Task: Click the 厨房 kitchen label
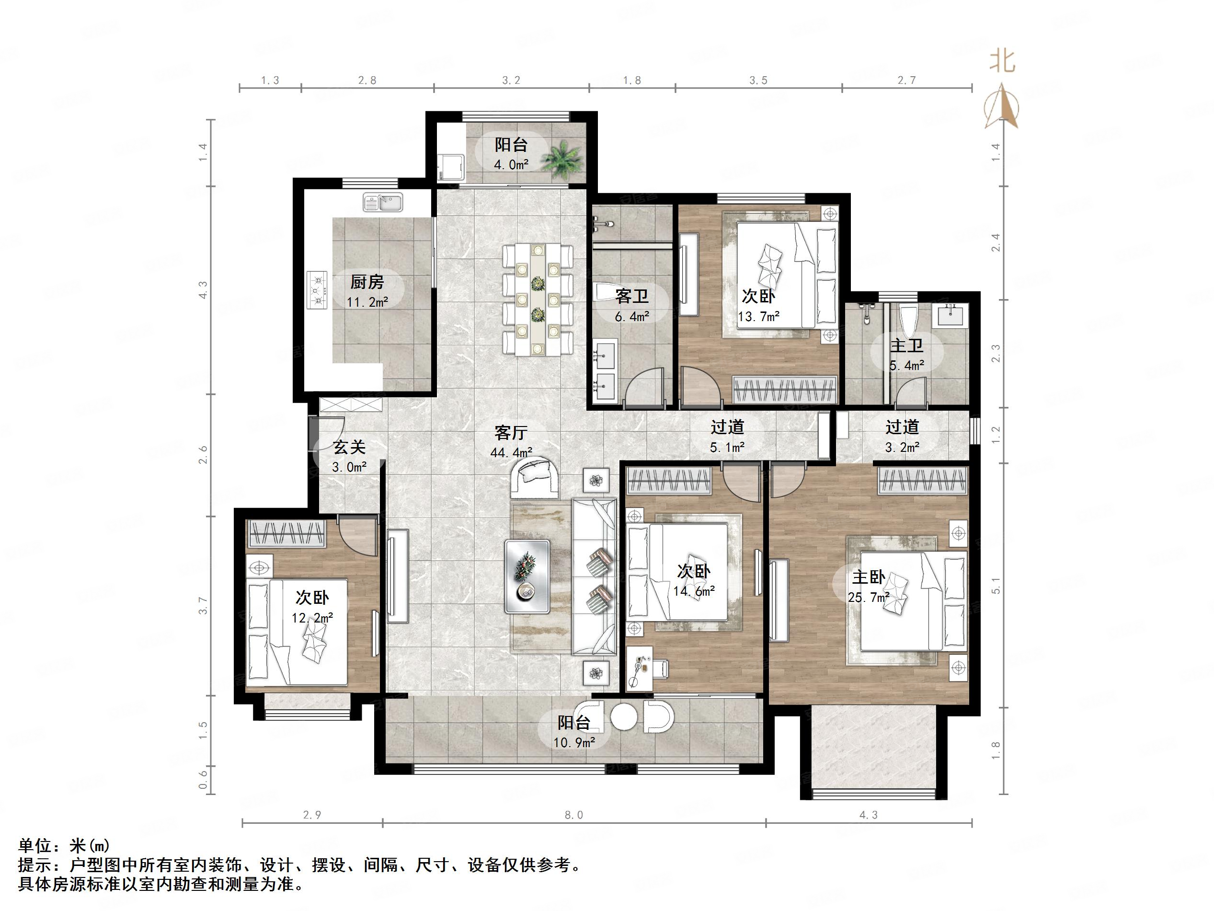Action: pyautogui.click(x=366, y=282)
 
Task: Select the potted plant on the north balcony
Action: pyautogui.click(x=562, y=159)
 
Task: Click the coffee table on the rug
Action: pyautogui.click(x=527, y=577)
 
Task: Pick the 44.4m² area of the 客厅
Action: pyautogui.click(x=512, y=452)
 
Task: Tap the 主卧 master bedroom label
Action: pyautogui.click(x=869, y=577)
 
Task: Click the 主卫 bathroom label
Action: pyautogui.click(x=906, y=346)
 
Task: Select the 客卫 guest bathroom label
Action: pyautogui.click(x=632, y=297)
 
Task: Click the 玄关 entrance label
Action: pyautogui.click(x=349, y=448)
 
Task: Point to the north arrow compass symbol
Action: pyautogui.click(x=1002, y=105)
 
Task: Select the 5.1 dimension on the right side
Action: pyautogui.click(x=996, y=586)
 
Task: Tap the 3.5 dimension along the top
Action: pyautogui.click(x=758, y=81)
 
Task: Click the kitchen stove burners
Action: pyautogui.click(x=318, y=289)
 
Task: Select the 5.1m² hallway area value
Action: pyautogui.click(x=727, y=448)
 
